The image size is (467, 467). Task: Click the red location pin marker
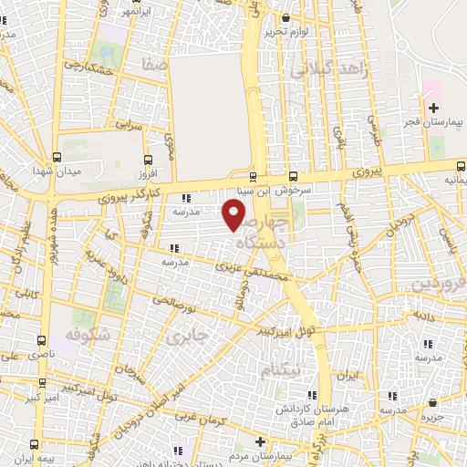pyautogui.click(x=234, y=215)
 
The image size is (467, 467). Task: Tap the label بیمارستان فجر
pyautogui.click(x=434, y=121)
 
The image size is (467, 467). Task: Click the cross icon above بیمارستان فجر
pyautogui.click(x=433, y=109)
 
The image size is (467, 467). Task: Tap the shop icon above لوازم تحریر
pyautogui.click(x=288, y=17)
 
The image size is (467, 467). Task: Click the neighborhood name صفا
pyautogui.click(x=153, y=65)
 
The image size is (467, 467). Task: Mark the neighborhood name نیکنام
pyautogui.click(x=278, y=370)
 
